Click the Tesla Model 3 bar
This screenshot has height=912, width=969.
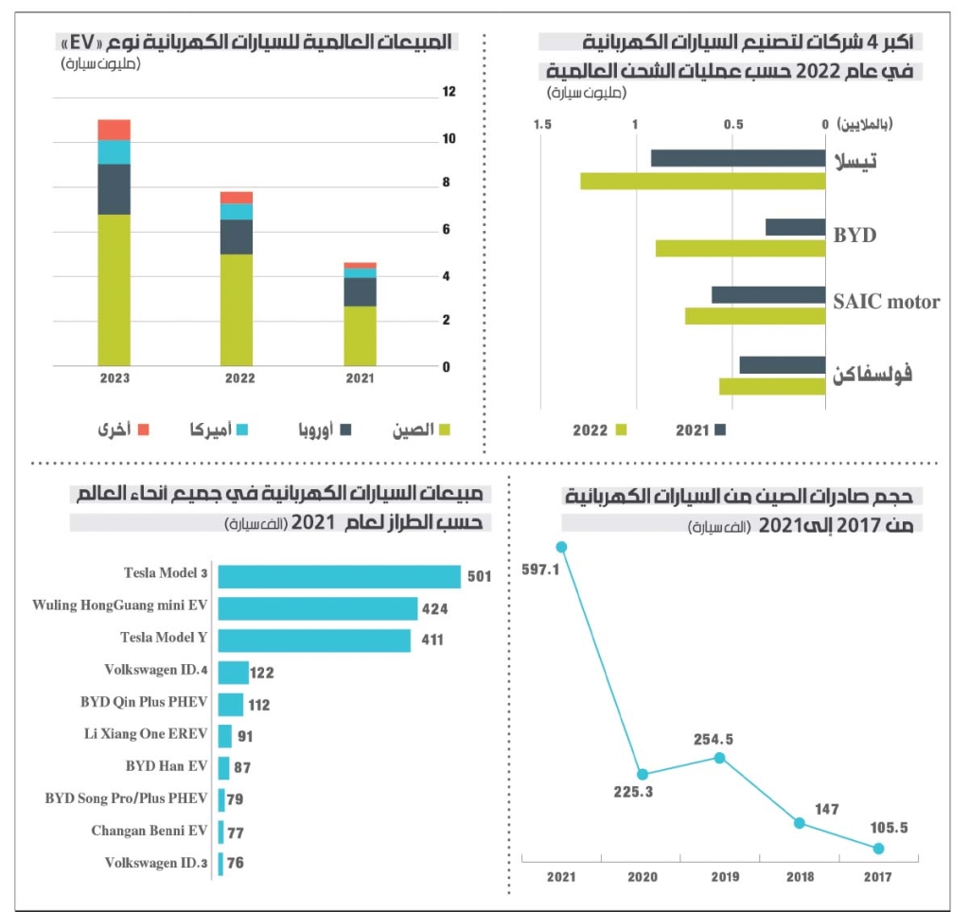tap(339, 577)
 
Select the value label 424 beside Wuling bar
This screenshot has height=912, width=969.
tap(435, 609)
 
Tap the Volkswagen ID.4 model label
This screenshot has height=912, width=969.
tap(156, 670)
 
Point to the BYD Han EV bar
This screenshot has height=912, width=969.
tap(224, 767)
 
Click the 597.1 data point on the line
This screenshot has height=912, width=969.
tap(562, 546)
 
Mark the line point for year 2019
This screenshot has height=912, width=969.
tap(720, 757)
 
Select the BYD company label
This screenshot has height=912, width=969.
tap(854, 235)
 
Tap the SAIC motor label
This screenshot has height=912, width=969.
tap(886, 302)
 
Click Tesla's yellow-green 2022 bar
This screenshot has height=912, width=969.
tap(702, 181)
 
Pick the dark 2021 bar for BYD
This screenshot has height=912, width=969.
tap(795, 227)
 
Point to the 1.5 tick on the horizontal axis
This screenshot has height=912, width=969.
tap(542, 124)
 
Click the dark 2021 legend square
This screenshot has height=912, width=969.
tap(720, 430)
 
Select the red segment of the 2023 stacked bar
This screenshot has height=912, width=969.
tap(114, 130)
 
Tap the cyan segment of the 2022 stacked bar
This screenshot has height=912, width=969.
tap(237, 211)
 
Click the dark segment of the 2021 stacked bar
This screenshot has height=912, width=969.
tap(360, 291)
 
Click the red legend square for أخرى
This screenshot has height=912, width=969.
tap(144, 430)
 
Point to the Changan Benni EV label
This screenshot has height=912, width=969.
tap(150, 832)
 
